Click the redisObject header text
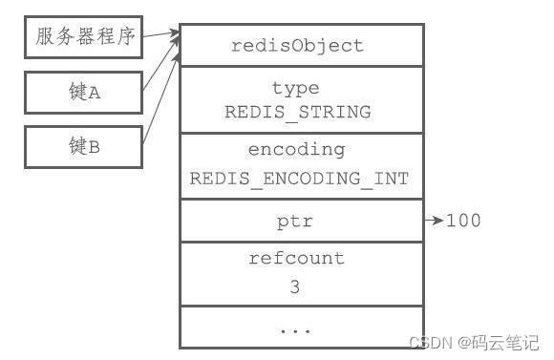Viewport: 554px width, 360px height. click(x=299, y=46)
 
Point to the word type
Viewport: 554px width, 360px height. click(x=296, y=89)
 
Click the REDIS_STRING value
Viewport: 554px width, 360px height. click(x=298, y=112)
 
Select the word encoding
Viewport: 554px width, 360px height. click(x=296, y=149)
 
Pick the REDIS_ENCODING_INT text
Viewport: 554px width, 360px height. click(x=299, y=178)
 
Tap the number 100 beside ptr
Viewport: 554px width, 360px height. click(x=463, y=222)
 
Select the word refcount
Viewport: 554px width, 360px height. click(x=297, y=258)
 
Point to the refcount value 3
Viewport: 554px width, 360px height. click(x=297, y=286)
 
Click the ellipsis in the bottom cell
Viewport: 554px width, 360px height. click(x=297, y=328)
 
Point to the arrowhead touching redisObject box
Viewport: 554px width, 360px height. click(x=175, y=36)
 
